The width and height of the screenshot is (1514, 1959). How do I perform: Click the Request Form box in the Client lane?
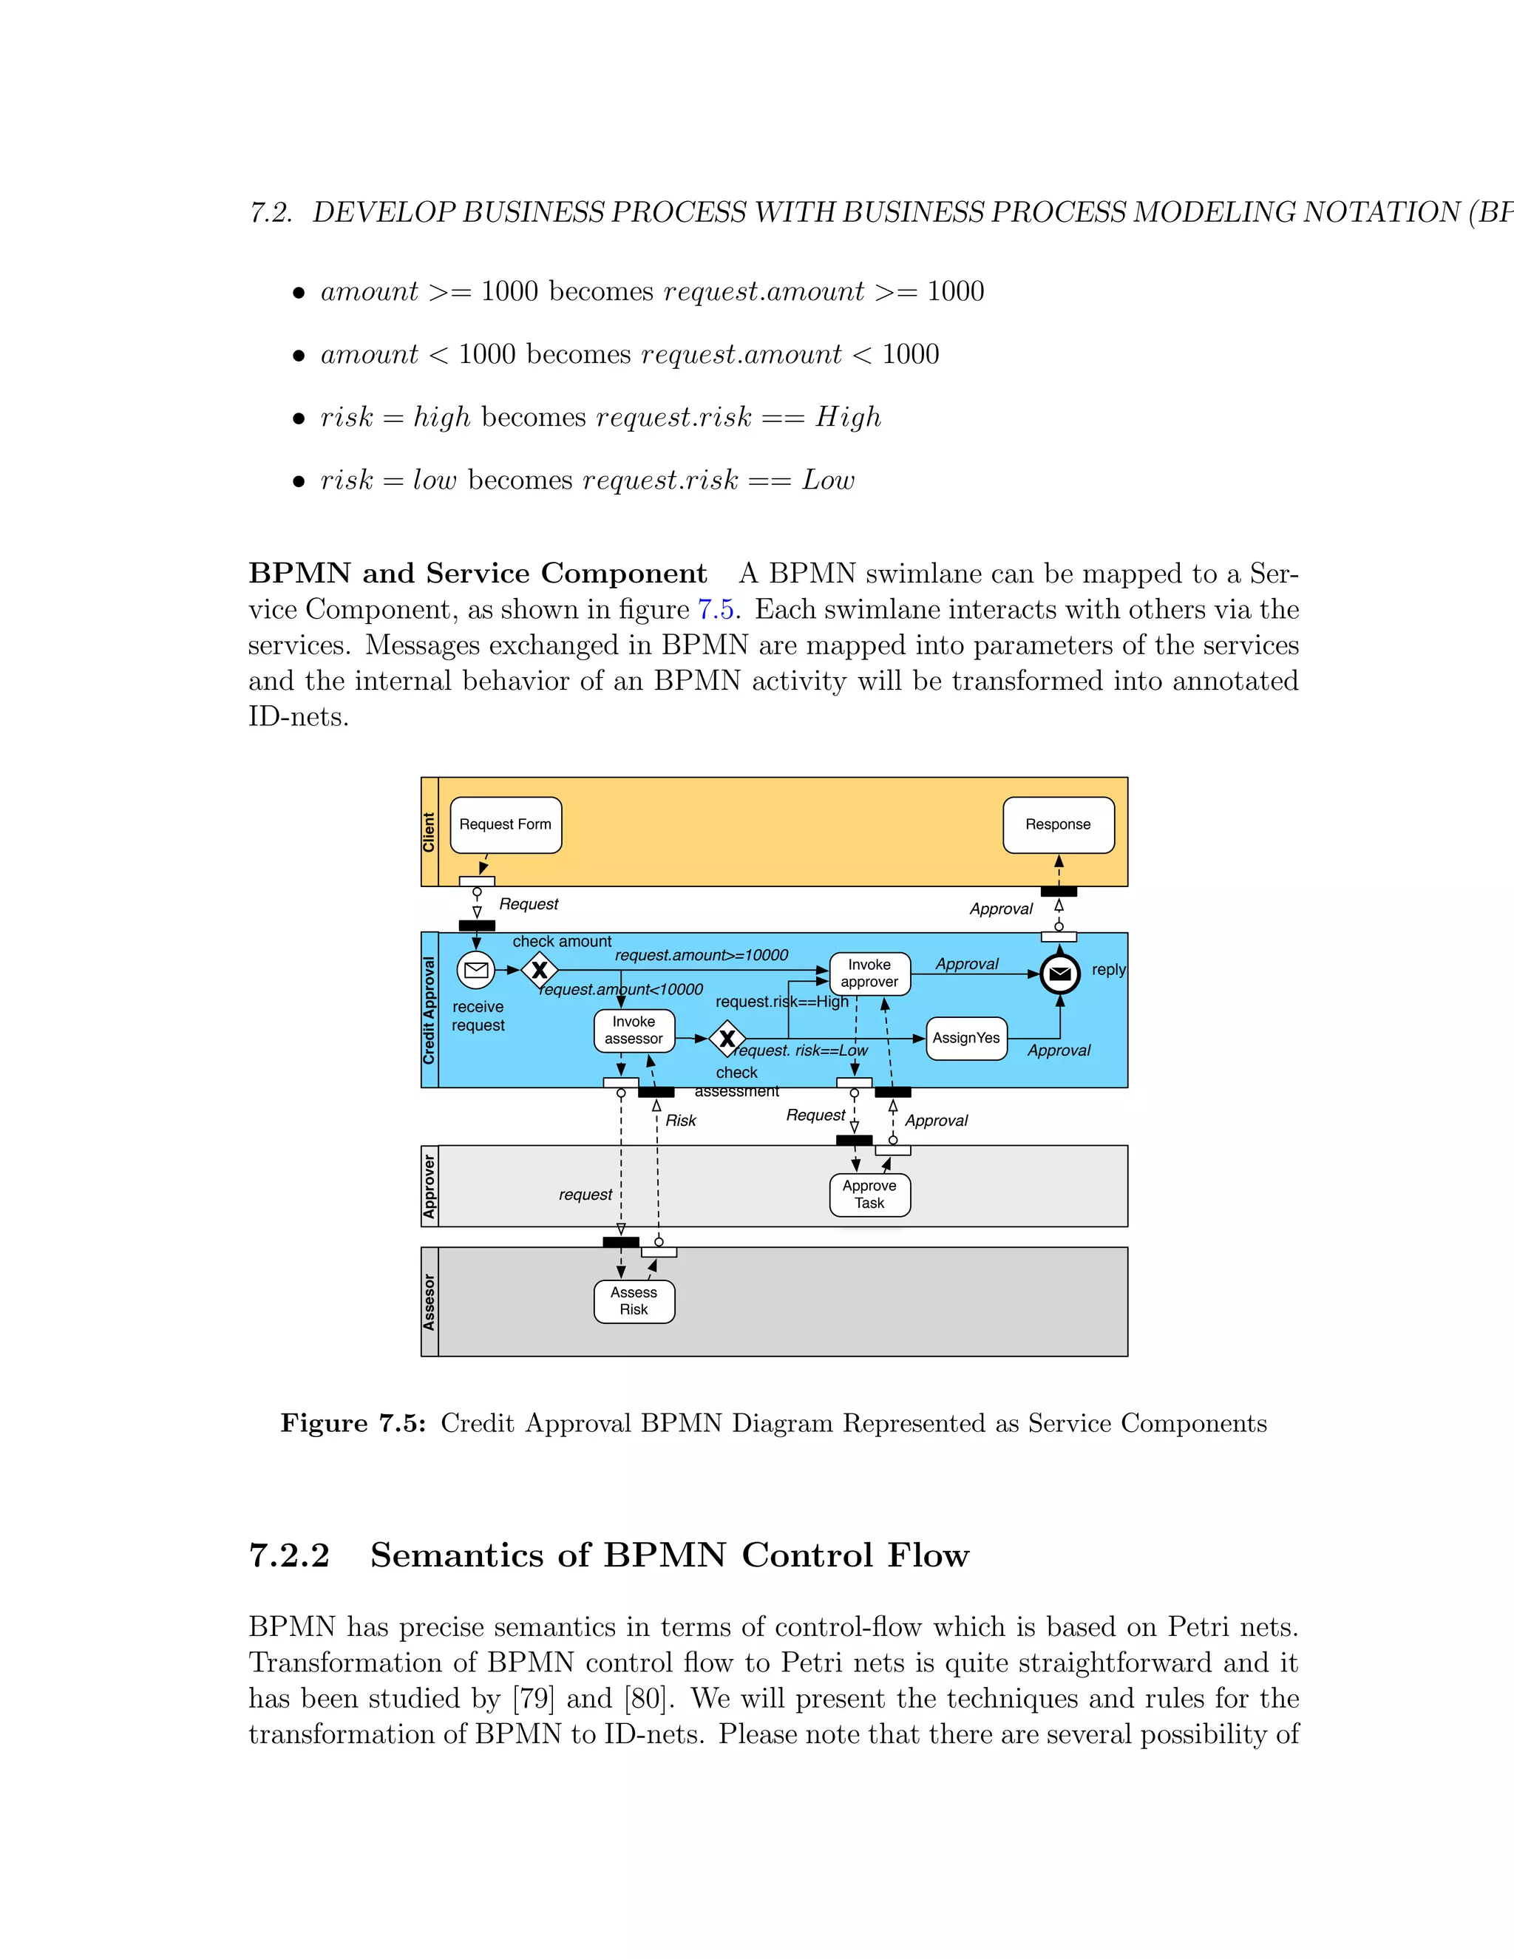click(505, 824)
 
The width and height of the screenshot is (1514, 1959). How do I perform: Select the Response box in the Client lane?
click(1059, 824)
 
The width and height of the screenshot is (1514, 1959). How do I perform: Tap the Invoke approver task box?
click(869, 974)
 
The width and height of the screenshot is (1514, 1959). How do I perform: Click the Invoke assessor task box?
click(634, 1030)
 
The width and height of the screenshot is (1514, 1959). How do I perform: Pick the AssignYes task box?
click(966, 1038)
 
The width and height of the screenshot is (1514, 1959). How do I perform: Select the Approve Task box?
click(869, 1195)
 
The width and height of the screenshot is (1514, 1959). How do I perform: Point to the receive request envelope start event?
click(476, 970)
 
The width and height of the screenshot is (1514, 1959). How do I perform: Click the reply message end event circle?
click(1059, 974)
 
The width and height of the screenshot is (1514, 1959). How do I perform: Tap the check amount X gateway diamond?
click(539, 970)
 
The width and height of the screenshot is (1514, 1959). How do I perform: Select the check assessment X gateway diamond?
click(727, 1039)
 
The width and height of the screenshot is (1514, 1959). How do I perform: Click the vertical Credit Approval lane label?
click(430, 1010)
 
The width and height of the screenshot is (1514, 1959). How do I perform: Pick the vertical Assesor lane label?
click(430, 1302)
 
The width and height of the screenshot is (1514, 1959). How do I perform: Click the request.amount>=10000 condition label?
click(702, 955)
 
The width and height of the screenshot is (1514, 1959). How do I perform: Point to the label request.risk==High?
click(781, 1002)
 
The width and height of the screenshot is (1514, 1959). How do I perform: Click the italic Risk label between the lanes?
click(681, 1120)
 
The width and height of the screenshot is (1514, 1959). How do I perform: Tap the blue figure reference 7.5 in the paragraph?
click(716, 610)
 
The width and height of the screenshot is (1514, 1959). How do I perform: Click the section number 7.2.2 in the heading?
click(290, 1555)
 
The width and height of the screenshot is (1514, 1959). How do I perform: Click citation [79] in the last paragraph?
click(534, 1698)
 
